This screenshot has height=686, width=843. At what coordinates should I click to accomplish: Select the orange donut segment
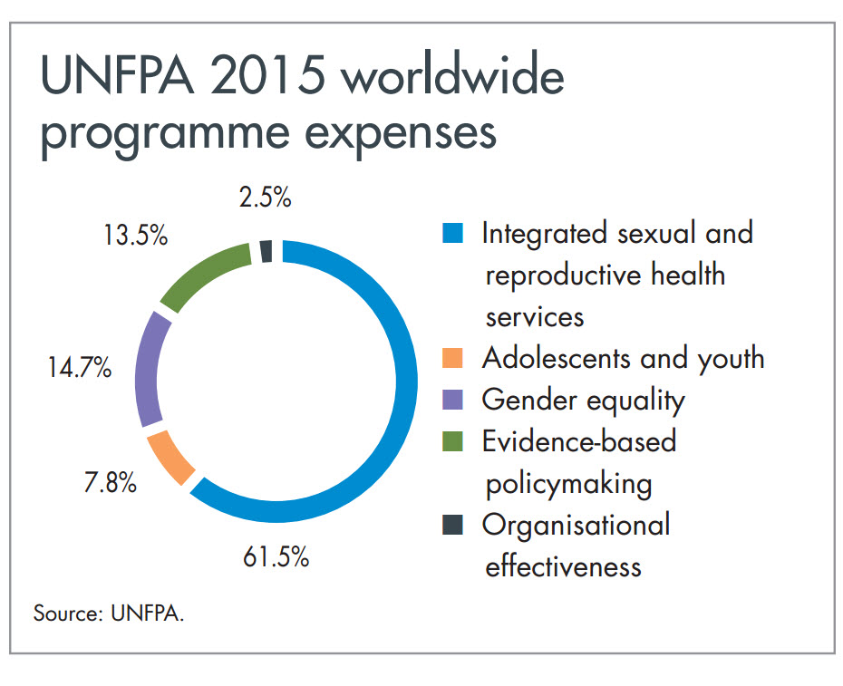click(x=170, y=459)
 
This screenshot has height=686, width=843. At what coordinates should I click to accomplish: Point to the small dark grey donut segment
click(x=266, y=251)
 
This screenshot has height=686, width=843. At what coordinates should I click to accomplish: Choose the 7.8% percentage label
click(x=110, y=483)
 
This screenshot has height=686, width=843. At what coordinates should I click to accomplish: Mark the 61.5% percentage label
click(x=276, y=556)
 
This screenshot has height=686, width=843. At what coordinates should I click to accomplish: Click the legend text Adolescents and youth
click(x=623, y=359)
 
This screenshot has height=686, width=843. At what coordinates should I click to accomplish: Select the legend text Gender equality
click(x=583, y=400)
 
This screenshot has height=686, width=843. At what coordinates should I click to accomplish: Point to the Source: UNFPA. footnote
click(x=109, y=613)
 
